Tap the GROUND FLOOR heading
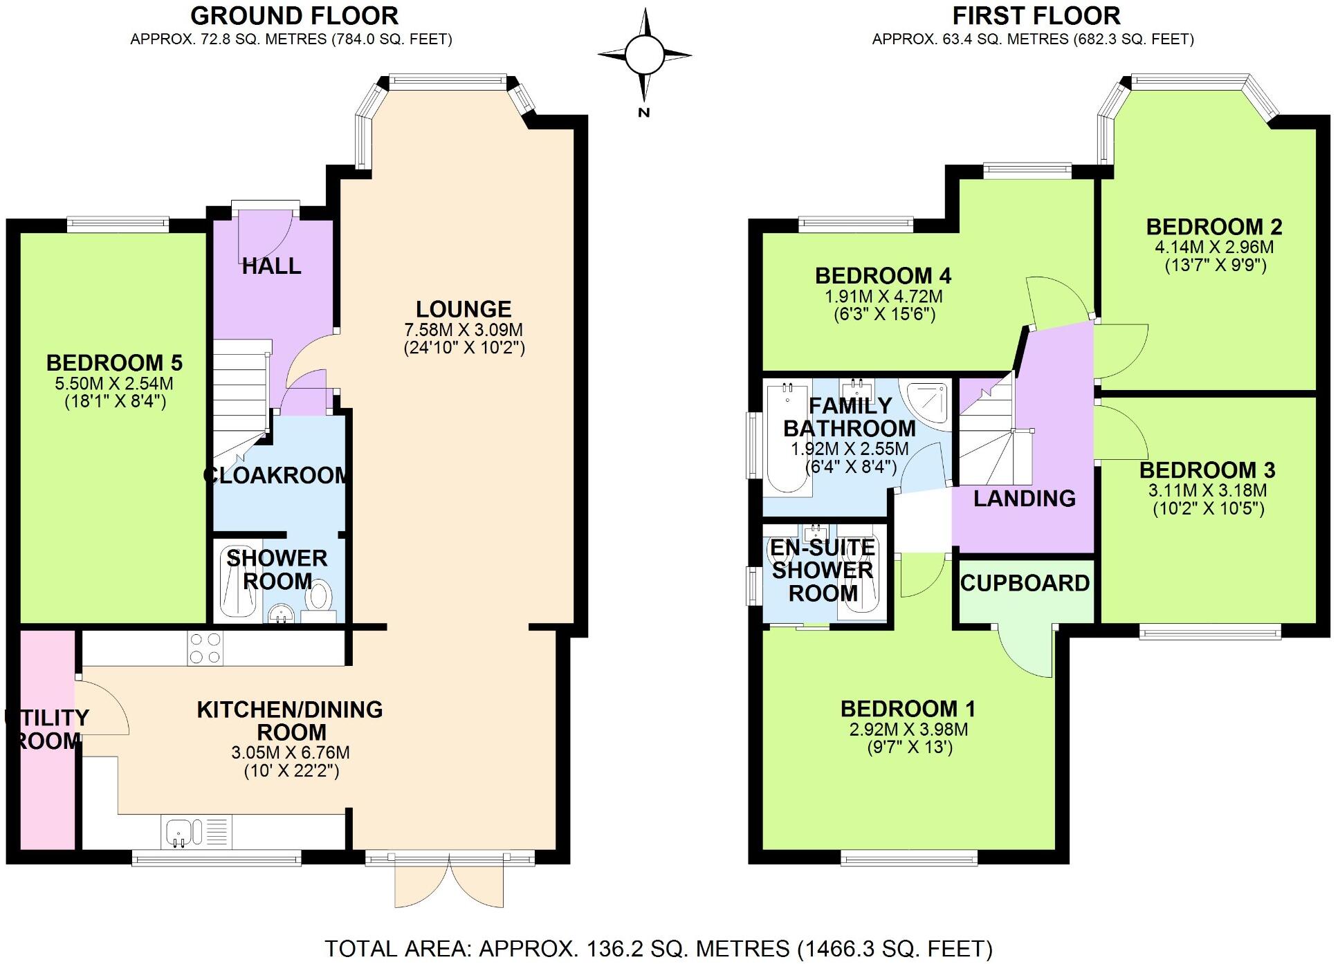click(x=294, y=15)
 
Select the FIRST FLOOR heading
click(x=1036, y=15)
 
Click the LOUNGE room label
click(x=464, y=309)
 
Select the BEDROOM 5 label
click(x=114, y=362)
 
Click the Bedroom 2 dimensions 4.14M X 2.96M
click(x=1214, y=247)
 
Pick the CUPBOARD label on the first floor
click(x=1025, y=583)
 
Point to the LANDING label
click(x=1025, y=498)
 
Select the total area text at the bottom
click(x=659, y=948)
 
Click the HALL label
click(x=271, y=266)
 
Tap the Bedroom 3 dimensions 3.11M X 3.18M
click(x=1207, y=490)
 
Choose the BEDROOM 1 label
click(x=908, y=708)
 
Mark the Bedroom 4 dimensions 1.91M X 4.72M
click(x=883, y=296)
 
